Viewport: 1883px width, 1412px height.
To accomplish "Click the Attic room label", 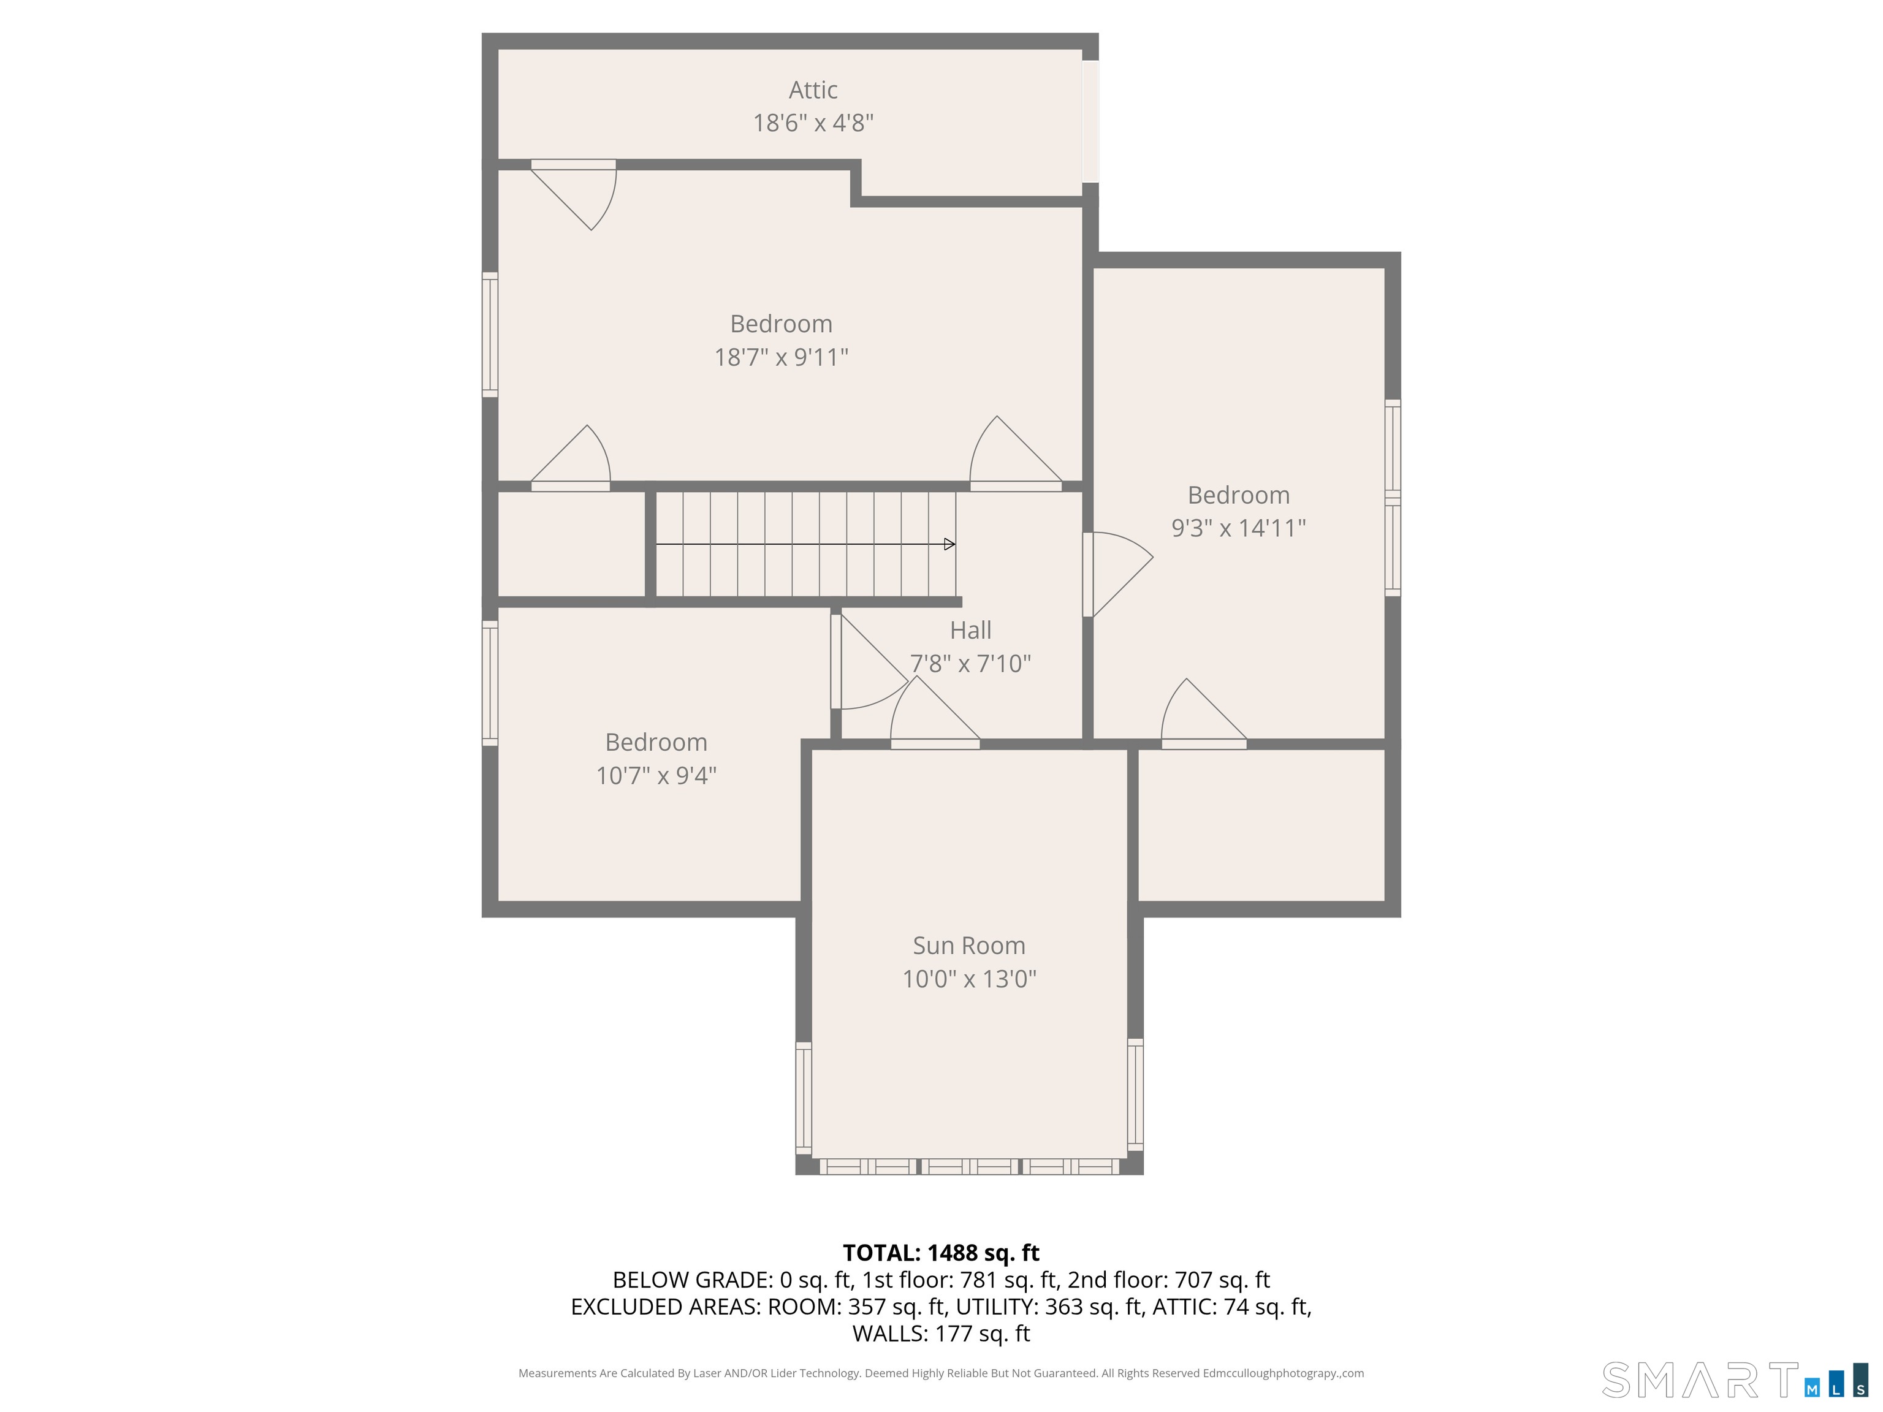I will coord(813,89).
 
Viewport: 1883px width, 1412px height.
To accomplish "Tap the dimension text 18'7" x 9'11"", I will coord(781,357).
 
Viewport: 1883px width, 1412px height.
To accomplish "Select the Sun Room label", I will coord(968,946).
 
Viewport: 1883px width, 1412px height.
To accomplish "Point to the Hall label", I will coord(970,630).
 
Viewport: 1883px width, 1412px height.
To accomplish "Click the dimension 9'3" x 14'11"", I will coord(1239,528).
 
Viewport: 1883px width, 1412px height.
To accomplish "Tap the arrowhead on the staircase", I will coord(949,544).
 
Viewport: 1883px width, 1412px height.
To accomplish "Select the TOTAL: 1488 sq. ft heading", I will coord(941,1253).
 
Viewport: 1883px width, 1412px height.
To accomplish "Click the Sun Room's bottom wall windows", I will coord(968,1167).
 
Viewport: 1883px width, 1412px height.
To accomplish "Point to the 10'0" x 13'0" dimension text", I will coord(968,979).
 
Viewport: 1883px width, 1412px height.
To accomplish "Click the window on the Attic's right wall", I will coord(1090,121).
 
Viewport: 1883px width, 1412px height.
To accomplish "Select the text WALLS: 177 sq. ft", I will coord(941,1334).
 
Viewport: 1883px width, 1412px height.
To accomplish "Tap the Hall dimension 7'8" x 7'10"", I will coord(970,663).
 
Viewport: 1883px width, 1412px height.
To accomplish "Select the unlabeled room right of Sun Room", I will coord(1261,824).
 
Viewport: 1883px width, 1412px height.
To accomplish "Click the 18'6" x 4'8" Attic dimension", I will coord(813,123).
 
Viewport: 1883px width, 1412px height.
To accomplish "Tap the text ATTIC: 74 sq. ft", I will coord(1231,1307).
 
